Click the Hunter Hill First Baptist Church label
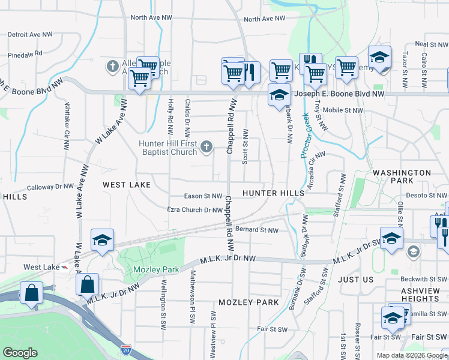point(168,148)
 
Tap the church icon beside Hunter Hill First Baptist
point(206,146)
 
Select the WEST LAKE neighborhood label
point(126,185)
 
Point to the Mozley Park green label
point(156,269)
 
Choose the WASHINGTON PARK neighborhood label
point(402,176)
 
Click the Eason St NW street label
point(203,196)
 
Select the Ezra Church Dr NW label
point(194,210)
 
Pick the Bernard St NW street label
point(257,230)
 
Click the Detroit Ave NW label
point(30,35)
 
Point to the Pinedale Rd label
point(25,54)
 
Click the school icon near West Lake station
point(102,240)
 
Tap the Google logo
point(20,353)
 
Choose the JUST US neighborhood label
point(355,280)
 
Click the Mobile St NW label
point(343,110)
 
